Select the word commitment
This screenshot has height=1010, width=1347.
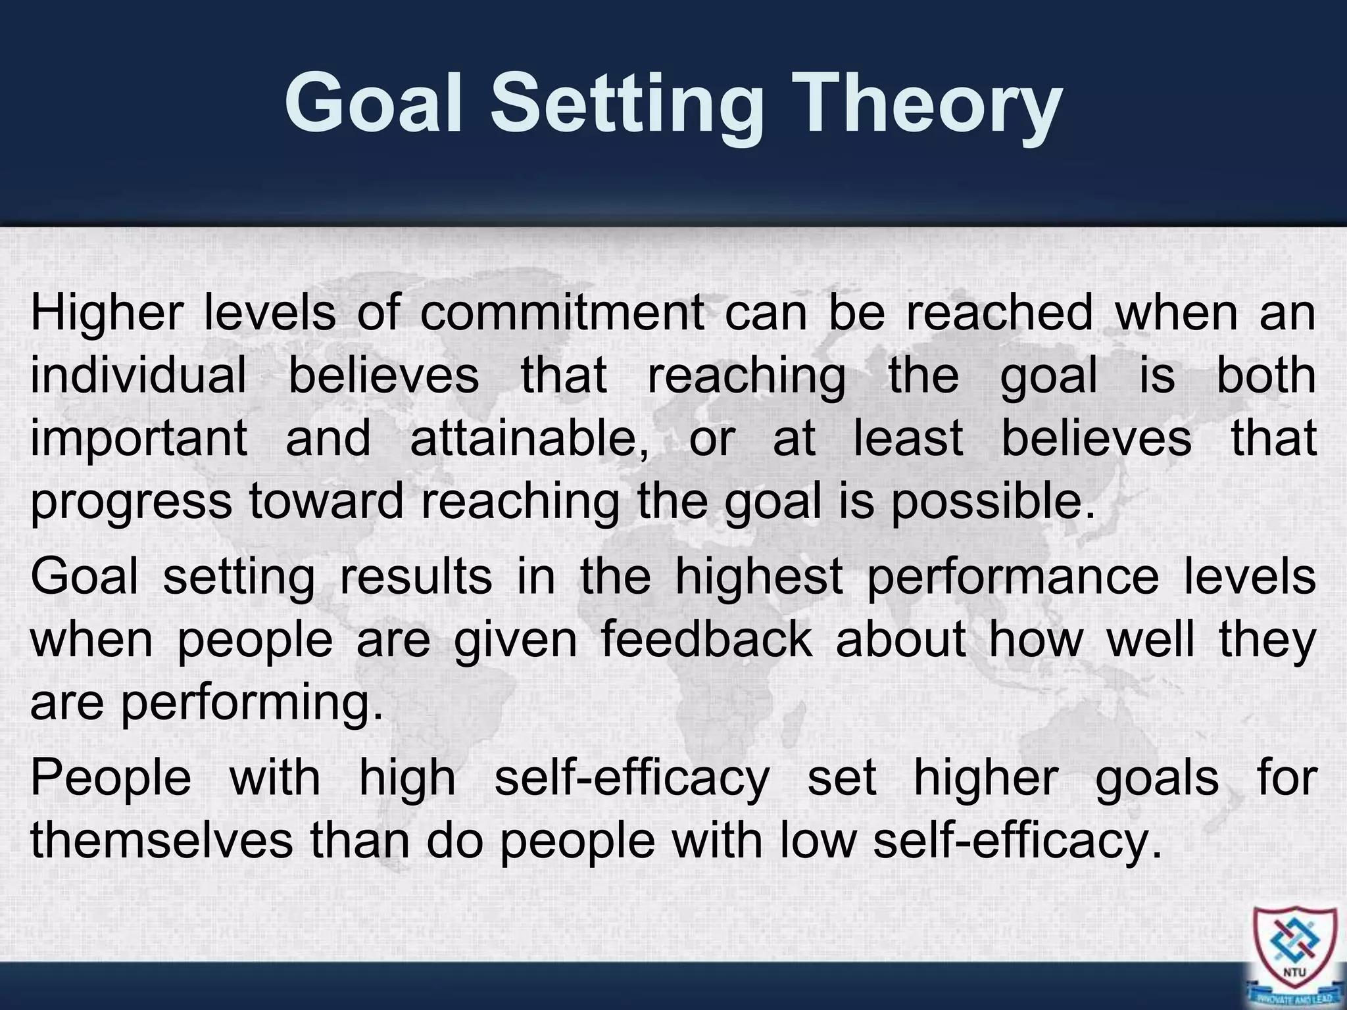pyautogui.click(x=562, y=312)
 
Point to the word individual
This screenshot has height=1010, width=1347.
pyautogui.click(x=138, y=375)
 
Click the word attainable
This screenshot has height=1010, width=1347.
pyautogui.click(x=529, y=439)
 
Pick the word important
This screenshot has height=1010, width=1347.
pyautogui.click(x=139, y=439)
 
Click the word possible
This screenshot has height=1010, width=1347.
pyautogui.click(x=992, y=502)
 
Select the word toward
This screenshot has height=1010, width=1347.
pyautogui.click(x=326, y=502)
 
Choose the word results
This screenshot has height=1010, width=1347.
pyautogui.click(x=416, y=577)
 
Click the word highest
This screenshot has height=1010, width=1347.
pyautogui.click(x=759, y=577)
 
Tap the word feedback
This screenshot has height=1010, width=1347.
pyautogui.click(x=707, y=640)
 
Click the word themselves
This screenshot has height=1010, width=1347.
pyautogui.click(x=162, y=840)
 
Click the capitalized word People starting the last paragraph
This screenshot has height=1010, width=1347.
pyautogui.click(x=110, y=778)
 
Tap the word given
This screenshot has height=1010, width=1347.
pyautogui.click(x=516, y=640)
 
